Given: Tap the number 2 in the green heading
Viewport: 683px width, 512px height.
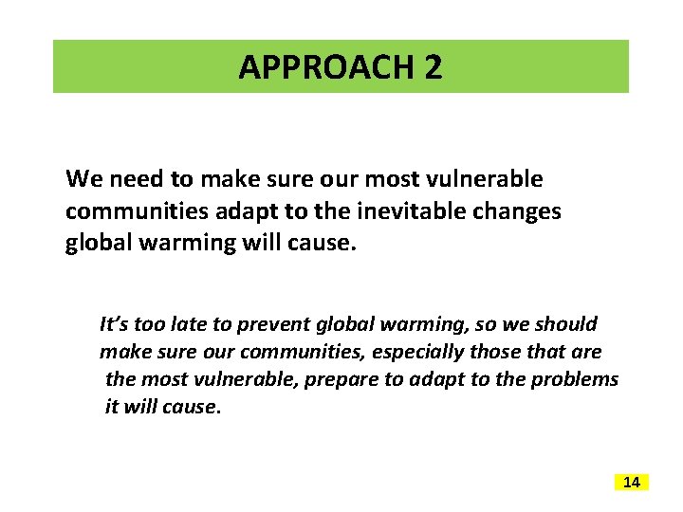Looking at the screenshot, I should tap(433, 67).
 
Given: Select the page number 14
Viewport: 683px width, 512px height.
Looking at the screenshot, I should tap(632, 483).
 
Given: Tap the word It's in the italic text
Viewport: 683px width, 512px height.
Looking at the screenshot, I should tap(115, 324).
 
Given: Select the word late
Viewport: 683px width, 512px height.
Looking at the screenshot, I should tap(185, 324).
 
